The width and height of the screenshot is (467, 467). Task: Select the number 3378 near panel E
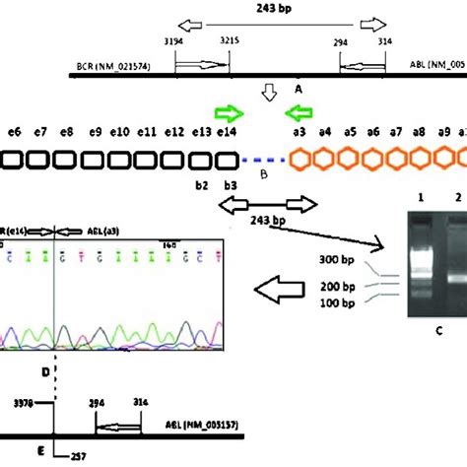pos(41,402)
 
